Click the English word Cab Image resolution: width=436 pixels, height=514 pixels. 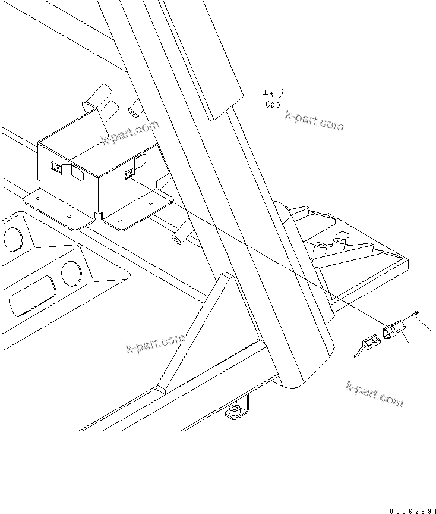273,104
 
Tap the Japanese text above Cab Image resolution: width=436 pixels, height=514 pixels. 273,93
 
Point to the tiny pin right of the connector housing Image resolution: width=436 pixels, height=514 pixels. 416,312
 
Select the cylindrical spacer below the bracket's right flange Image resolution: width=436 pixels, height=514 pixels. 178,239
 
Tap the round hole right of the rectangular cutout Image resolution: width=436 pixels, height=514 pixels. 71,273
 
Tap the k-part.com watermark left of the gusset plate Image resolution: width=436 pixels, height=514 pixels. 156,343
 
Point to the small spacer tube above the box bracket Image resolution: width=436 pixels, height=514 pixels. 134,111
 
